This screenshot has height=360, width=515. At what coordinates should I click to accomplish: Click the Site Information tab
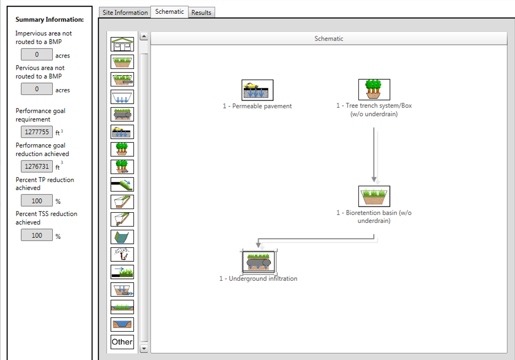(125, 13)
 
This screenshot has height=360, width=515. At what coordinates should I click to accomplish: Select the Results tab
(201, 13)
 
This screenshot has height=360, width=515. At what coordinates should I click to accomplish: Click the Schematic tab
(169, 12)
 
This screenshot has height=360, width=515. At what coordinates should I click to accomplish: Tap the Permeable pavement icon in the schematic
(257, 90)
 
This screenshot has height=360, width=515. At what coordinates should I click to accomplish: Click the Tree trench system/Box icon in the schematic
(374, 90)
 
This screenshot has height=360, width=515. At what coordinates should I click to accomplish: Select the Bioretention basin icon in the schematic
(374, 196)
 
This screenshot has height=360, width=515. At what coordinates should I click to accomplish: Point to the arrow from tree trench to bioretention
(374, 153)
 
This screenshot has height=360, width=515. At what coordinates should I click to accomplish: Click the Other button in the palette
(122, 342)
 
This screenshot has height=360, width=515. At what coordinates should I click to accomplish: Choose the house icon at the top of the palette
(122, 44)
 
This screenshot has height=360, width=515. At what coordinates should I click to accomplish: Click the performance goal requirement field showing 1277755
(37, 132)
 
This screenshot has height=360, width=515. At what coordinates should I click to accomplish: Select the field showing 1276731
(37, 167)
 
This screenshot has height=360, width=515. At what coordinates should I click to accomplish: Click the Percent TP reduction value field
(37, 201)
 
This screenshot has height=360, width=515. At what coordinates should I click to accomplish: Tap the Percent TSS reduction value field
(37, 235)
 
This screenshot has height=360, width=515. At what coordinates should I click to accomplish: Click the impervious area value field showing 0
(37, 55)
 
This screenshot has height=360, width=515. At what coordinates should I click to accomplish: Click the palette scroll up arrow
(144, 36)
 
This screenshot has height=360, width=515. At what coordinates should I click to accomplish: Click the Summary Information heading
(50, 20)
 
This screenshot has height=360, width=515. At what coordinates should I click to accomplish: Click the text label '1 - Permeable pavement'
(257, 106)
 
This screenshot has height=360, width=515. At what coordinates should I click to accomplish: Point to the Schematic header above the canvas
(329, 39)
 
